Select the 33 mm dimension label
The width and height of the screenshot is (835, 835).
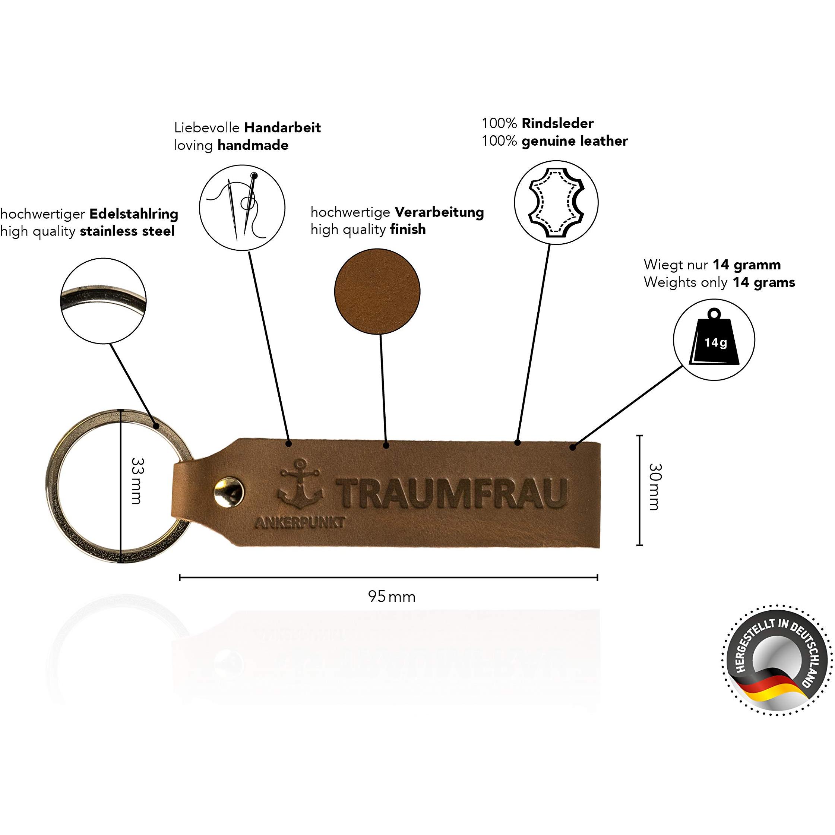tap(137, 481)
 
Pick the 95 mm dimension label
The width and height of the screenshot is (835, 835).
tap(392, 597)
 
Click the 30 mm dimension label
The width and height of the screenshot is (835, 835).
tap(655, 487)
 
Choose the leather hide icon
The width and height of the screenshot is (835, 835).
tap(556, 203)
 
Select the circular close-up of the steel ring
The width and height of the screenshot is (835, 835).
tap(103, 301)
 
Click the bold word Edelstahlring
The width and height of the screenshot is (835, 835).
tap(134, 214)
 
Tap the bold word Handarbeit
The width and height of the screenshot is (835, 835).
tap(283, 128)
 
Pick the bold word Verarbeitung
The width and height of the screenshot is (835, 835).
tap(439, 212)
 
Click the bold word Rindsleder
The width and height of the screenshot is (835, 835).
tap(557, 124)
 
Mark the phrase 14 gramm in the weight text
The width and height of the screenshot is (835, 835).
tap(747, 265)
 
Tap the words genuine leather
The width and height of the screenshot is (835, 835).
tap(575, 141)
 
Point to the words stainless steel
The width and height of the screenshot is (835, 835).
tap(127, 231)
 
